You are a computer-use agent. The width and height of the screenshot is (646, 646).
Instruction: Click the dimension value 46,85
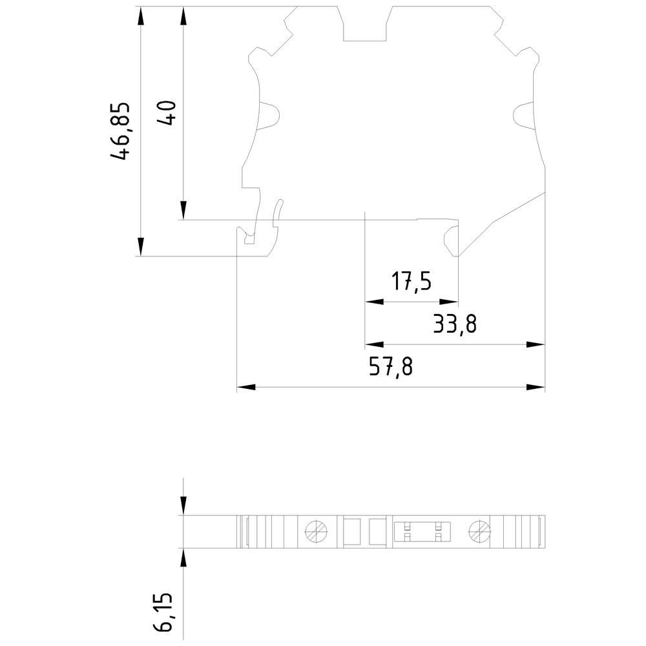[x=121, y=131]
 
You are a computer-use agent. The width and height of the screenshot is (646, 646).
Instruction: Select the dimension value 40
[x=166, y=114]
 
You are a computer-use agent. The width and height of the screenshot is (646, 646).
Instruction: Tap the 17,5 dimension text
[x=412, y=282]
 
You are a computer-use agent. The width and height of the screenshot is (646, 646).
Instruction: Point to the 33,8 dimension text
[x=455, y=324]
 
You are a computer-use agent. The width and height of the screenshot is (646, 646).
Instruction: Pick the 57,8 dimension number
[x=391, y=368]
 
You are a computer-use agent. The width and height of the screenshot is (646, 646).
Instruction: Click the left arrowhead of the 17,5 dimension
[x=374, y=302]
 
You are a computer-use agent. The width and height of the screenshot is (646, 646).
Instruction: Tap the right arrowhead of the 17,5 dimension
[x=450, y=302]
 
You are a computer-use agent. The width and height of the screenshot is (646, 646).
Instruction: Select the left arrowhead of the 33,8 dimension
[x=374, y=344]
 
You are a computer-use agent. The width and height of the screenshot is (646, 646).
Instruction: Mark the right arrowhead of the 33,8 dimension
[x=537, y=344]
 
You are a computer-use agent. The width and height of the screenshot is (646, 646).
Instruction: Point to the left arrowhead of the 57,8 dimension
[x=246, y=388]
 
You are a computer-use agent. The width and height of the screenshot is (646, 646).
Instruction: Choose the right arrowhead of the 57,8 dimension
[x=537, y=388]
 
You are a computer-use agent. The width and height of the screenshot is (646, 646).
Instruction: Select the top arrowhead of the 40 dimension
[x=183, y=16]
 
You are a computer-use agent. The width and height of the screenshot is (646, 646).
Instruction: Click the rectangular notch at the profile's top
[x=366, y=25]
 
